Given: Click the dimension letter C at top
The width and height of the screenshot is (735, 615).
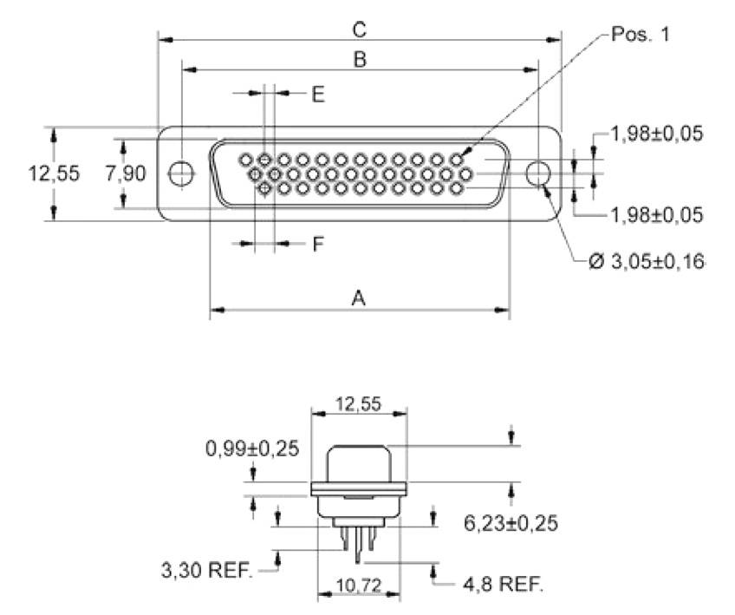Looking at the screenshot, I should (x=360, y=29).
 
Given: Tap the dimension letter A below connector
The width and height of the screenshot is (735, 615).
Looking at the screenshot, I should (x=358, y=298).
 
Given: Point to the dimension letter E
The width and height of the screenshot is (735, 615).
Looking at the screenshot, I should (x=318, y=95).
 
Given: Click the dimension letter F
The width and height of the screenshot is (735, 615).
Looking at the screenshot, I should (x=318, y=245).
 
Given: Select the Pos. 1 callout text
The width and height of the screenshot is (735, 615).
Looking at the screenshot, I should (x=641, y=34).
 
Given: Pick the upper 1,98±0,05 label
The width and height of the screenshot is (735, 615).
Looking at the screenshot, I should (x=655, y=134).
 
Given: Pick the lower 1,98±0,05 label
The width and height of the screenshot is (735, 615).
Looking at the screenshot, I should (x=655, y=214).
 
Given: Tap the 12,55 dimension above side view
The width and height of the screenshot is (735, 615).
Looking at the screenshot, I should (x=359, y=402).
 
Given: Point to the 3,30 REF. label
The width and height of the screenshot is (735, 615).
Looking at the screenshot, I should (x=206, y=572).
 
